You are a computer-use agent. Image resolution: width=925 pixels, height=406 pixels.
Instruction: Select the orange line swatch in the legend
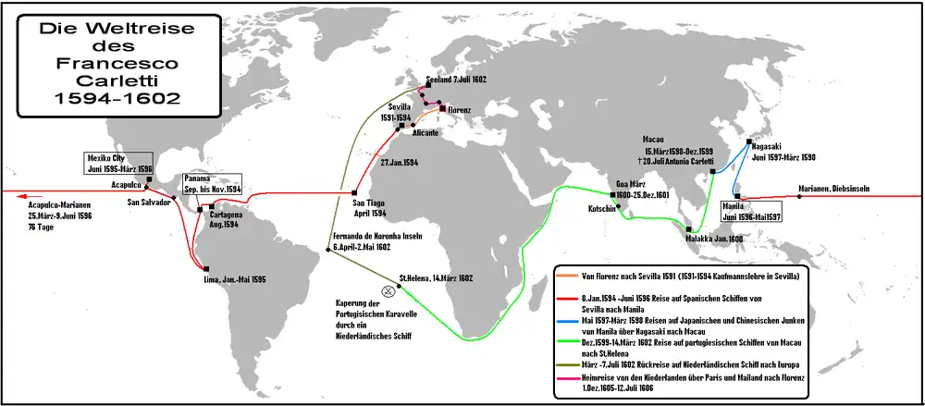[567, 276]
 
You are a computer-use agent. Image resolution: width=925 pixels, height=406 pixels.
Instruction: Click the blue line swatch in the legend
[567, 320]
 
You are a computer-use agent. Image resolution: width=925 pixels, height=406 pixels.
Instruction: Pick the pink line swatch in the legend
[567, 377]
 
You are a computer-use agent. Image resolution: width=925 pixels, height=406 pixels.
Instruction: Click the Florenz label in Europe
[458, 111]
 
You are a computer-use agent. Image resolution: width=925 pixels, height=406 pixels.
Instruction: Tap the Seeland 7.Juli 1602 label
[456, 81]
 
